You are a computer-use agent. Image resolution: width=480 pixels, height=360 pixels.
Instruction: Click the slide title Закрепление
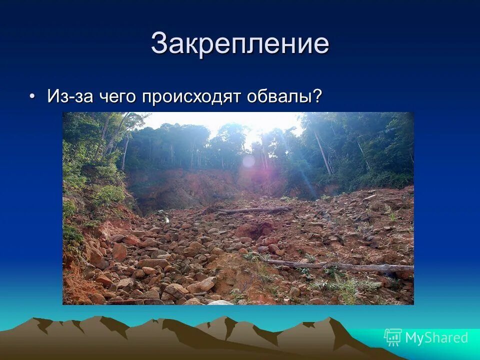(240, 43)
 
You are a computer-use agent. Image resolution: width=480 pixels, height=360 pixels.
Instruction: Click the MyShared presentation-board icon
(393, 337)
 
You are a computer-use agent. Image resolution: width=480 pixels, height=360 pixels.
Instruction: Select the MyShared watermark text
(436, 337)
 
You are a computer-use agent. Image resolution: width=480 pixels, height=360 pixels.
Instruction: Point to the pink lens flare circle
(248, 161)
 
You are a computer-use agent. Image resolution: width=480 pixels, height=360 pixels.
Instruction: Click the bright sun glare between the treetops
(257, 131)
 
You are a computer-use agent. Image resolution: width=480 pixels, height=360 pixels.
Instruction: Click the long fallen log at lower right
(345, 266)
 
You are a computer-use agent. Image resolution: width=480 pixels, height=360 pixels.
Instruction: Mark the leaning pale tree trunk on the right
(322, 152)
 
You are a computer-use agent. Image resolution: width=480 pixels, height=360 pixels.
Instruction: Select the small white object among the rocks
(166, 218)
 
